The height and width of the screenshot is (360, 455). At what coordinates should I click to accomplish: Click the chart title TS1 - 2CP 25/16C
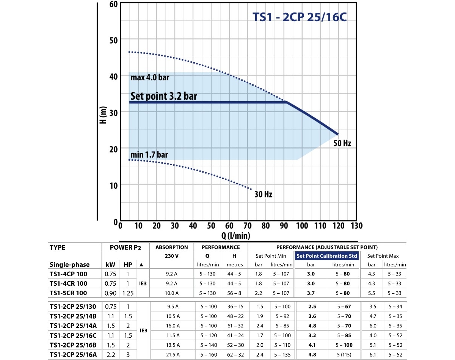(x=300, y=18)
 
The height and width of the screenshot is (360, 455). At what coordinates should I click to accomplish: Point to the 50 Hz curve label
(x=342, y=143)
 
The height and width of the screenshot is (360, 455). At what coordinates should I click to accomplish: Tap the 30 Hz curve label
(x=264, y=195)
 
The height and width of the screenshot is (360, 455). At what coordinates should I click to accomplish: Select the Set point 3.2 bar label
(x=164, y=96)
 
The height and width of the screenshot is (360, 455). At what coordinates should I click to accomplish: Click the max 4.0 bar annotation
(x=150, y=78)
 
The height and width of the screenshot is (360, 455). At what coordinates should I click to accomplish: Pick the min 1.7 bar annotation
(x=149, y=155)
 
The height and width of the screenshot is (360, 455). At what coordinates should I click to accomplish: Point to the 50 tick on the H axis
(x=113, y=40)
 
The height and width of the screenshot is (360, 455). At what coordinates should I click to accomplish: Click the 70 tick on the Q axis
(x=247, y=226)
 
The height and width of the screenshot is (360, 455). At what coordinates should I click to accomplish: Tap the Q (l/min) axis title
(x=235, y=236)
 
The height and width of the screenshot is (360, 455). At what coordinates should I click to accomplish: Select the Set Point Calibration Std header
(x=327, y=256)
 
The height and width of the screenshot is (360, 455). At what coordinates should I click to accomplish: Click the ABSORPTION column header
(x=172, y=247)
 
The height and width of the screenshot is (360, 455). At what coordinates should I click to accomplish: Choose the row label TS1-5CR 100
(x=68, y=293)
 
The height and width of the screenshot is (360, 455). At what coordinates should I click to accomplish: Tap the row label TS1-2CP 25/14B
(x=73, y=316)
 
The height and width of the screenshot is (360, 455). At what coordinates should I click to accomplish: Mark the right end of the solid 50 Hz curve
(x=337, y=134)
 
